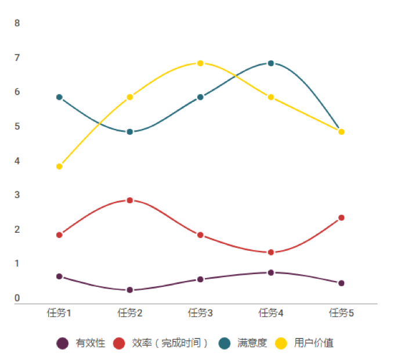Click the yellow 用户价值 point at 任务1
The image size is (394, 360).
(59, 167)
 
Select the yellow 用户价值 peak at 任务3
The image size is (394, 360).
(200, 63)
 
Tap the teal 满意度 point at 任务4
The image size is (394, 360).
(271, 63)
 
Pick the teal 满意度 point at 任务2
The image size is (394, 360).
(130, 132)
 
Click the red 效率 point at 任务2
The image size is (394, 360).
(130, 200)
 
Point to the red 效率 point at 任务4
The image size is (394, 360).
(271, 252)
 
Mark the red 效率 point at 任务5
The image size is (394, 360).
(341, 218)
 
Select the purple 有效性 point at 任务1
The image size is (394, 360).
(59, 276)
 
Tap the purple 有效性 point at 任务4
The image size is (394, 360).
(271, 272)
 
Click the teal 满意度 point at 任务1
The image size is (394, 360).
(59, 97)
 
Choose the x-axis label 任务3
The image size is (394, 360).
(200, 313)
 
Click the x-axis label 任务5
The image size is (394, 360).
(341, 313)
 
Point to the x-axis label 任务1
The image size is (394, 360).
(59, 313)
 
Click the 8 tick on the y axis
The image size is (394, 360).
(17, 23)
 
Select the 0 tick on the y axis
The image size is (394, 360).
(17, 298)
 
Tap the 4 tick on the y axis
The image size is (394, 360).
(17, 161)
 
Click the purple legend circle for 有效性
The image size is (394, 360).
(63, 343)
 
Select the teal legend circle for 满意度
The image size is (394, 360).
(224, 343)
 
